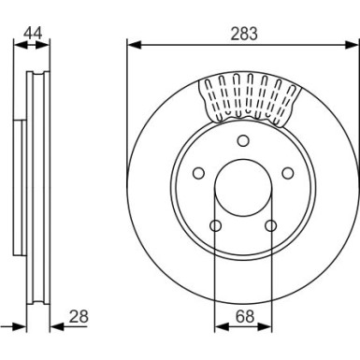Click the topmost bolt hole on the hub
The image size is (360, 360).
point(243,141)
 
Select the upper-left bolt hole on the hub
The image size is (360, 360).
point(198,173)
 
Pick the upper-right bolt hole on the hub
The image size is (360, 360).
point(287,173)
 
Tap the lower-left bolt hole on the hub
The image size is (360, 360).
point(216,225)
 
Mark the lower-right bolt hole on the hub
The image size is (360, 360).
point(270,225)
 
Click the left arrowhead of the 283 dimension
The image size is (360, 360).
point(132,44)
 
